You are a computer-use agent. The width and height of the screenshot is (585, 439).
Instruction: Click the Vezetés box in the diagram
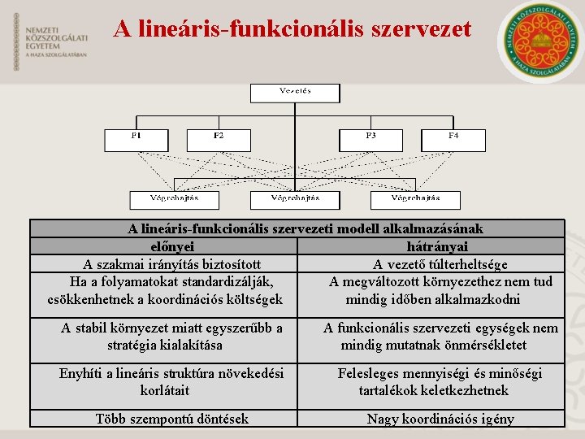[x=294, y=92]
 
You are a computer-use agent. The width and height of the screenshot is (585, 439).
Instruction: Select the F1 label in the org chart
[x=136, y=136]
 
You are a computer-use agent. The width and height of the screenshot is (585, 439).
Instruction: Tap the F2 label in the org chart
[x=219, y=136]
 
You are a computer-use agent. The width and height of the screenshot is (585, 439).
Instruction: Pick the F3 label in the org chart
[x=370, y=136]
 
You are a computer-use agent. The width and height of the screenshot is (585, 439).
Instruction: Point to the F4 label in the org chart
[x=453, y=136]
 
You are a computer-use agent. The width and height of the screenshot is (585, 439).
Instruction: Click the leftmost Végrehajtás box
[x=174, y=199]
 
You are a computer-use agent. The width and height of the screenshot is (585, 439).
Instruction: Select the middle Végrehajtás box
[x=294, y=199]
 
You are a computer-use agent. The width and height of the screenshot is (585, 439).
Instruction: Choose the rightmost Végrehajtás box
[x=415, y=199]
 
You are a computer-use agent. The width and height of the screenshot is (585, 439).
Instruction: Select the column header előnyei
[x=172, y=246]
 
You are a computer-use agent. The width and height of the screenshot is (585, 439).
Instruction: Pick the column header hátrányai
[x=436, y=246]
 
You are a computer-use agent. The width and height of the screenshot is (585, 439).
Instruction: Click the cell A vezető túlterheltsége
[x=440, y=264]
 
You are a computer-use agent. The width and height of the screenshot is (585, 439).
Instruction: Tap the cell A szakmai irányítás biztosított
[x=172, y=264]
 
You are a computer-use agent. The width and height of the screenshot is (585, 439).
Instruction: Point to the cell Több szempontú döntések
[x=172, y=419]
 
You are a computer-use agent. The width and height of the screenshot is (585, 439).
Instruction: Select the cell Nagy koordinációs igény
[x=440, y=419]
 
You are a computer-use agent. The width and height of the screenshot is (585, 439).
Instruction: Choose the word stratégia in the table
[x=136, y=345]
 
